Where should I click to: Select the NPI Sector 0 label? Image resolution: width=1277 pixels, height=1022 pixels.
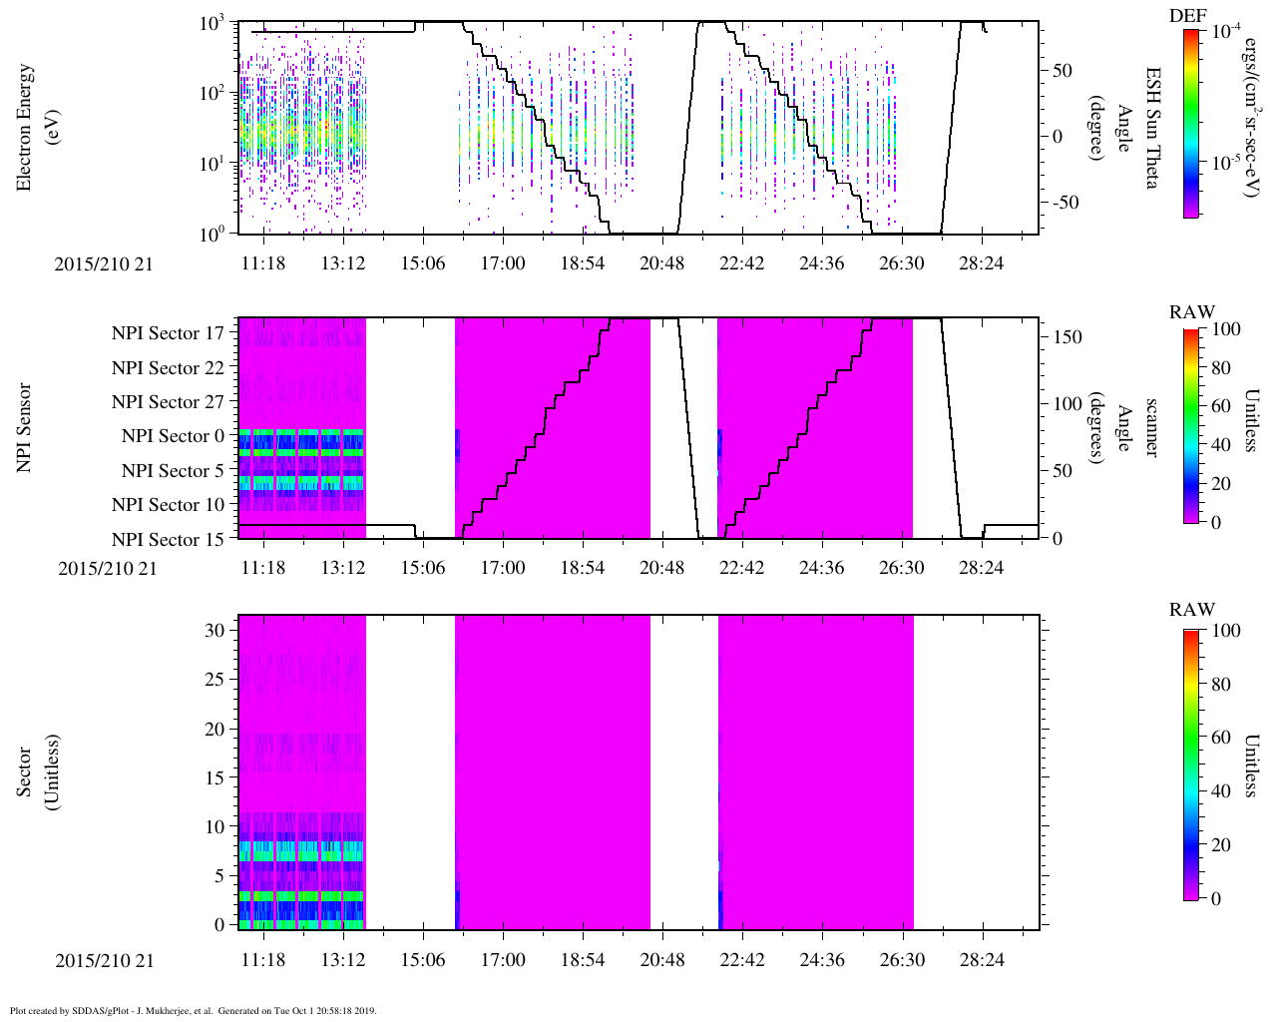173,436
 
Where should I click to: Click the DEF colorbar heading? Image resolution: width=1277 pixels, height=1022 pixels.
1187,15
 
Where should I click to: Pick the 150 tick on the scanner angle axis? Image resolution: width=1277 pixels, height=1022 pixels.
1068,337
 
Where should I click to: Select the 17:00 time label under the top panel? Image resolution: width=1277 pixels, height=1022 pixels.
503,262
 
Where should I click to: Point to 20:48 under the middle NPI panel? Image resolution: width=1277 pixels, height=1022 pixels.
662,568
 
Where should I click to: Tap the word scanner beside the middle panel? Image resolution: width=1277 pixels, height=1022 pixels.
1151,427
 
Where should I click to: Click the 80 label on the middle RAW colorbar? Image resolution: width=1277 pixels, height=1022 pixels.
1220,368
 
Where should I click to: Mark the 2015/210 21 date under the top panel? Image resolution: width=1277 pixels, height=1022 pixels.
104,263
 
